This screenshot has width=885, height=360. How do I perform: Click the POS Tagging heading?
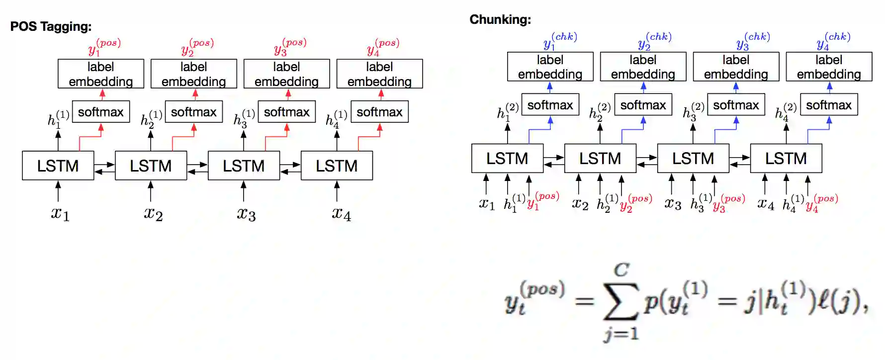(51, 26)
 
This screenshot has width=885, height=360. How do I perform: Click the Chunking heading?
(500, 19)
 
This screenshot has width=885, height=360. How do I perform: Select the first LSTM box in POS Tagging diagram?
(58, 166)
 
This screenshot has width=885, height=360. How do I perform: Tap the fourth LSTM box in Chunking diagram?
(786, 158)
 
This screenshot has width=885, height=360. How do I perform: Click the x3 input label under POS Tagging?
(246, 214)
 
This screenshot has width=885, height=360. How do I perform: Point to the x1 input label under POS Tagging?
(60, 214)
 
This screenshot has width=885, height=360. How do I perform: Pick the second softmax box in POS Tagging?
(193, 112)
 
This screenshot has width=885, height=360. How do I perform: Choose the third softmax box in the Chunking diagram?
(736, 105)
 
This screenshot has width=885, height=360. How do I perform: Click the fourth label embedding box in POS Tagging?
(379, 74)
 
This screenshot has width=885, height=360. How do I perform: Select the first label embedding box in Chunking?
(550, 67)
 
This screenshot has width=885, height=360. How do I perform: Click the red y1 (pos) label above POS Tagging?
(104, 47)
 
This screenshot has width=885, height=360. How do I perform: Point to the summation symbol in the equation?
(620, 301)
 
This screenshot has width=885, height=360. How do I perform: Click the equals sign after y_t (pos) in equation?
(584, 301)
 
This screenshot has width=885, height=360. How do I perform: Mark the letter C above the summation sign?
(621, 270)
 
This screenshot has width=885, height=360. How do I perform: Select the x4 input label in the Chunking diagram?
(766, 204)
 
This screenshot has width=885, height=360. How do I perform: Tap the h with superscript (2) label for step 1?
(507, 111)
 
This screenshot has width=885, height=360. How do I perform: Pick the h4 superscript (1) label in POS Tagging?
(336, 119)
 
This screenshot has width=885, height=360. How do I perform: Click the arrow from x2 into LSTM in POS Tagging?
(151, 191)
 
